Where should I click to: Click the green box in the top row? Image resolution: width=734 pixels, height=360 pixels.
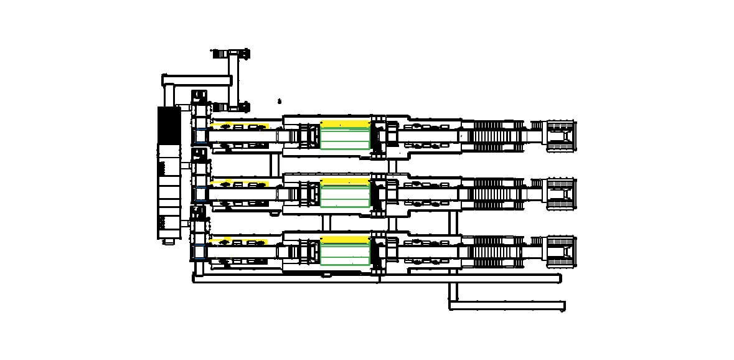point(345,138)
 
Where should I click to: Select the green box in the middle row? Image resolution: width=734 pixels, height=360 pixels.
point(345,195)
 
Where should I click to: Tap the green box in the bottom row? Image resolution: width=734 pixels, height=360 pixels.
point(345,253)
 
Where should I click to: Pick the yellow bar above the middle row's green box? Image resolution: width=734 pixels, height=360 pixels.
point(345,181)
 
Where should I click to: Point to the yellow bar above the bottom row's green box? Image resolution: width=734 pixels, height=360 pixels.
point(345,239)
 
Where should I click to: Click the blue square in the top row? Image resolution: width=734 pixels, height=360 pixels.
point(200,135)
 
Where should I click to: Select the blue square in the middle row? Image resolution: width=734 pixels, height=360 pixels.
point(200,194)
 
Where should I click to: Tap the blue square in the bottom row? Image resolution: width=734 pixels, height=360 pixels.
point(200,252)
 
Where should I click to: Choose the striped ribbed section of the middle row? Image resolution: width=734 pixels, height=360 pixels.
point(492,193)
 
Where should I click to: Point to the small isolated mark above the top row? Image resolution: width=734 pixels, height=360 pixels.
point(280,100)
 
